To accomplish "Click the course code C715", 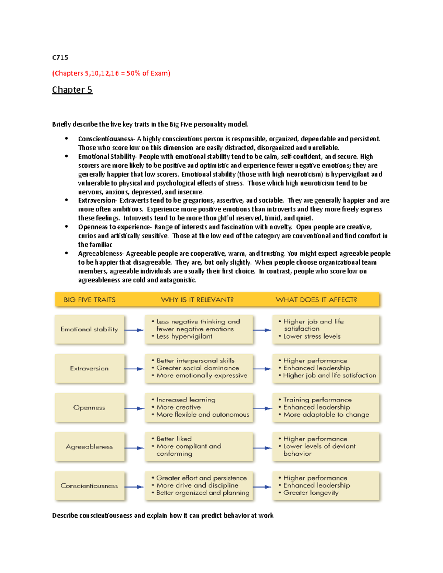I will (60, 58).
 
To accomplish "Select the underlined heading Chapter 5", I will (72, 90).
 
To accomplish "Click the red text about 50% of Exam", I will (111, 73).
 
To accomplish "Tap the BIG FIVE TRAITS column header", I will (89, 300).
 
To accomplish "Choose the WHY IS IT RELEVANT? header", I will (197, 300).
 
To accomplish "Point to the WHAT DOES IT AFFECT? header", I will (316, 300).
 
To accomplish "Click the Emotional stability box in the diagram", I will (89, 329).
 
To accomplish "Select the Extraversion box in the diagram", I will (89, 368).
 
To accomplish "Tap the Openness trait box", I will (89, 407).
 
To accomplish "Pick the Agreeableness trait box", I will (89, 446).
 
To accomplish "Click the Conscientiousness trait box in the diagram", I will (89, 486).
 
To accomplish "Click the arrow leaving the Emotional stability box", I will (134, 330).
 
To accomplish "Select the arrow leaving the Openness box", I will (134, 408).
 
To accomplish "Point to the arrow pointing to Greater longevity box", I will (262, 487).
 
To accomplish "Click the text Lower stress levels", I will (312, 336).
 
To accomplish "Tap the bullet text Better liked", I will (174, 439).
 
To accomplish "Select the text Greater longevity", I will (310, 493).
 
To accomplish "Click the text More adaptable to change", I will (326, 414).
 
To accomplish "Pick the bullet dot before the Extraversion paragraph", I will (66, 200).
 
